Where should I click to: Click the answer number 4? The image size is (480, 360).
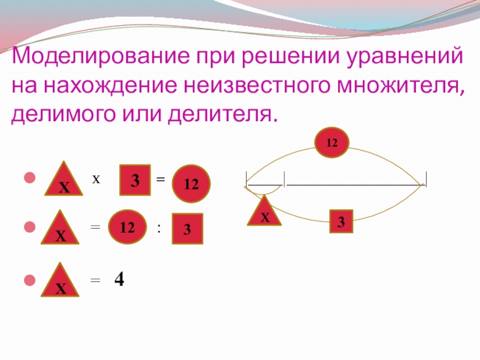119,280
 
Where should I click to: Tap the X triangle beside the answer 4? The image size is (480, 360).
61,282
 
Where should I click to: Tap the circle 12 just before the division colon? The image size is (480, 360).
127,227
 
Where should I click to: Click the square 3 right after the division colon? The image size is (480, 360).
188,229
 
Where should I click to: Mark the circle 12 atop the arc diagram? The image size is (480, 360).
332,143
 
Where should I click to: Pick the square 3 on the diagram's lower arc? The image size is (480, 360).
340,222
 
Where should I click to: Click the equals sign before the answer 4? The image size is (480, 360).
94,280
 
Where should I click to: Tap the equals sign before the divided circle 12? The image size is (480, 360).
94,227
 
